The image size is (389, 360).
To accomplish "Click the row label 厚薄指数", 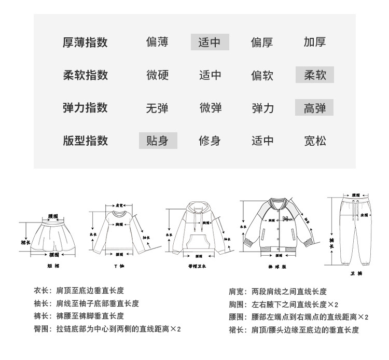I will [85, 43].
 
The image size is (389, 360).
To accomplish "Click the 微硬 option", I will [158, 75].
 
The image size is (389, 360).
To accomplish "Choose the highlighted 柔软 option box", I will [315, 75].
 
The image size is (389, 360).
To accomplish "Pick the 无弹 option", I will [158, 108].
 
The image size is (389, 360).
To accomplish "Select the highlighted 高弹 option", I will [315, 108].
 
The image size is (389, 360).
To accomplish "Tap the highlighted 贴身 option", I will [158, 141].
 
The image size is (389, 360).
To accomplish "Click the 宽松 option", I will [315, 141].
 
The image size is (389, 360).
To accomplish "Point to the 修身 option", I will [210, 141].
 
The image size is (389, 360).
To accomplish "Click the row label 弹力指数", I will [85, 108].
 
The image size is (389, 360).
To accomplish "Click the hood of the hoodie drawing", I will [198, 210].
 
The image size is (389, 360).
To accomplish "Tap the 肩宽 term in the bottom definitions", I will [236, 292].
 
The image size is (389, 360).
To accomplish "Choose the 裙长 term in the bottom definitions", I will [236, 329].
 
